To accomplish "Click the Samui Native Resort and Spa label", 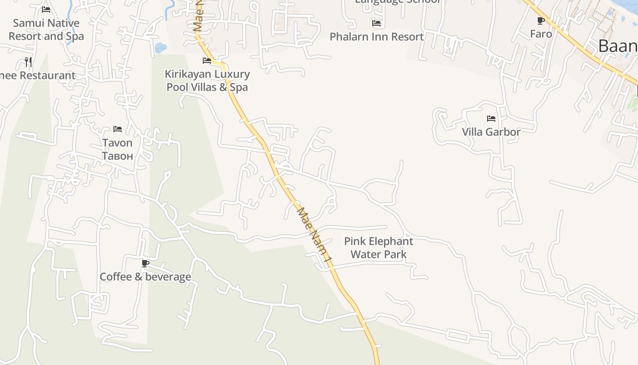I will click(x=46, y=30).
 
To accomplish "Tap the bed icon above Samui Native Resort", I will click(x=46, y=9).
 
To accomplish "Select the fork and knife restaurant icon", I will click(x=28, y=62).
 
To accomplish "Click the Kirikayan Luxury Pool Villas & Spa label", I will click(x=207, y=80).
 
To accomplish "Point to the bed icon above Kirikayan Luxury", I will click(x=207, y=60).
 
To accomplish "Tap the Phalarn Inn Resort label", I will click(x=376, y=36).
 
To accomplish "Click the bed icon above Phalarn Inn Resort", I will click(x=376, y=23).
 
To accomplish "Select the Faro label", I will click(x=541, y=34).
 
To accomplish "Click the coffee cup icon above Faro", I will click(x=541, y=21).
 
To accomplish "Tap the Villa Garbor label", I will click(x=491, y=132).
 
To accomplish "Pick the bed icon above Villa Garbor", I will click(x=491, y=119).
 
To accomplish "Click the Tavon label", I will click(x=117, y=143).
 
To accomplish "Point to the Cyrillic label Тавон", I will click(x=117, y=156).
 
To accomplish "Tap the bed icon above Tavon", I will click(x=118, y=129).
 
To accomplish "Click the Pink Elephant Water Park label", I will click(x=378, y=248).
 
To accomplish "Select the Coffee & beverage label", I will click(x=145, y=276).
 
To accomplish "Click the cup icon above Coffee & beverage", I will click(x=145, y=263).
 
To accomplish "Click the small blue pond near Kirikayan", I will click(x=160, y=47).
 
